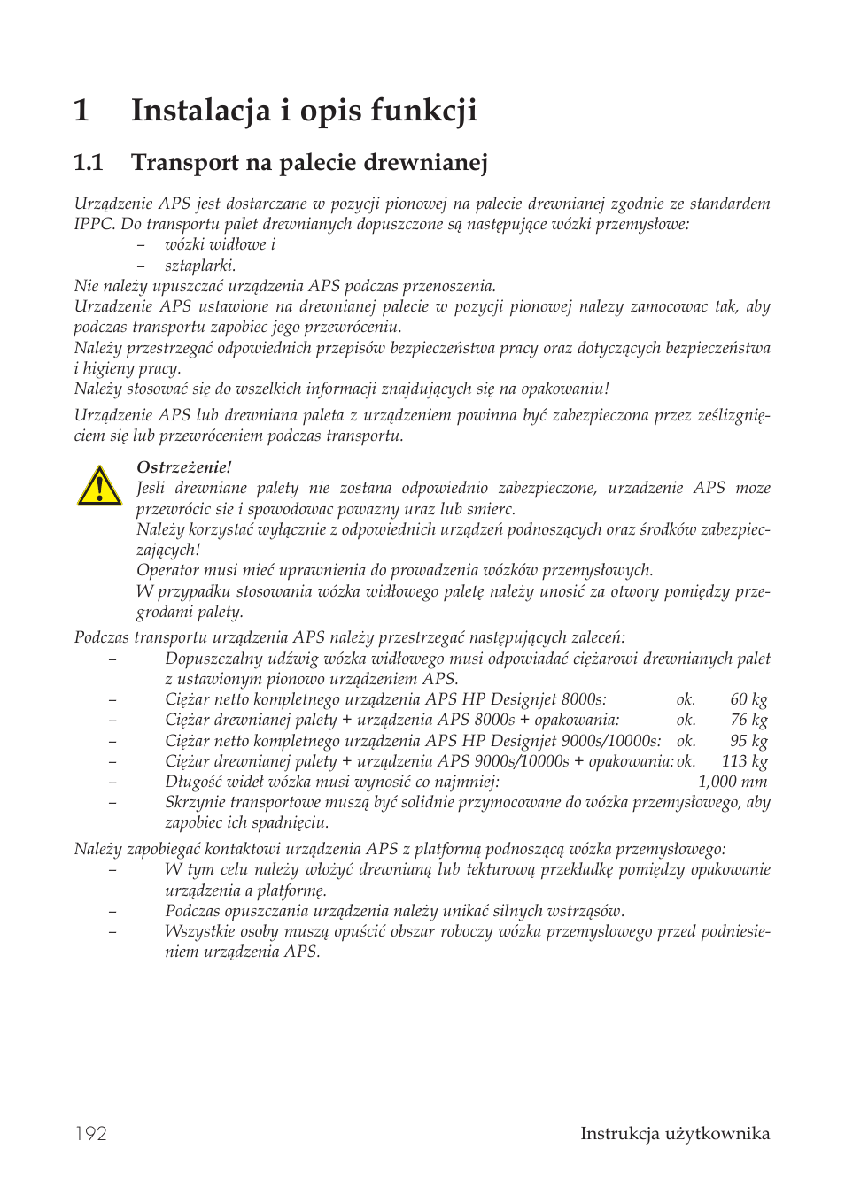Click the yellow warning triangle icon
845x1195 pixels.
[x=99, y=487]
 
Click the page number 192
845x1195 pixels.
[x=90, y=1133]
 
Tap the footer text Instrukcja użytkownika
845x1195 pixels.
[x=674, y=1133]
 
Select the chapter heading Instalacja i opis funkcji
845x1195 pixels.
[x=304, y=110]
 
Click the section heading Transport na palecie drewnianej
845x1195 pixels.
[x=309, y=162]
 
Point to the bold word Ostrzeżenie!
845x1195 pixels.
[x=183, y=467]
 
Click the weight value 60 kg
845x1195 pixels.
[x=748, y=699]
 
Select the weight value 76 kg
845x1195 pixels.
[x=748, y=720]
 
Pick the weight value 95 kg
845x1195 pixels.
[x=748, y=741]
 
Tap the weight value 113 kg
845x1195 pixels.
[x=744, y=761]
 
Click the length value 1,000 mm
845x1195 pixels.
[x=732, y=782]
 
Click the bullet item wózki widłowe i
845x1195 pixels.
[x=220, y=244]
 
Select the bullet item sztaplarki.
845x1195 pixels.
[x=200, y=266]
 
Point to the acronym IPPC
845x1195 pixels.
[x=94, y=224]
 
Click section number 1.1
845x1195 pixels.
[x=89, y=162]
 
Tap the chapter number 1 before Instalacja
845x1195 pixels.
[x=81, y=110]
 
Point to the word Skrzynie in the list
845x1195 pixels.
[x=195, y=802]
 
